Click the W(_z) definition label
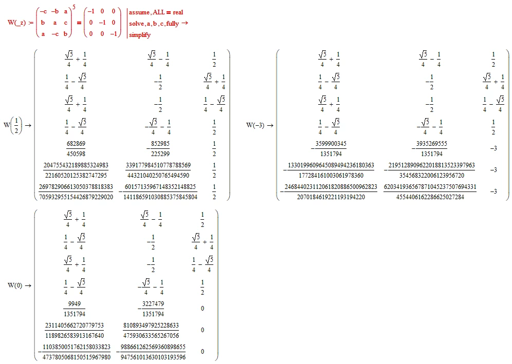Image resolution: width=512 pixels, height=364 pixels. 16,23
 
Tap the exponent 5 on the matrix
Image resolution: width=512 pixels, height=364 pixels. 74,7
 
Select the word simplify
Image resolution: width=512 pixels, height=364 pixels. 140,35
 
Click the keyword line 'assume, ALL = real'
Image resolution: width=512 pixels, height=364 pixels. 156,12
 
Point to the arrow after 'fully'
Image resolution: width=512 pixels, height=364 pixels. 185,23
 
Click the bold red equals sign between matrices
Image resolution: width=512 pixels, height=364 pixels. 79,23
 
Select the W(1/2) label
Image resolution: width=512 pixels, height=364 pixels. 13,125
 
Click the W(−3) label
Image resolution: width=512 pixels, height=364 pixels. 255,125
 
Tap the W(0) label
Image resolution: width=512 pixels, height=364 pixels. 15,285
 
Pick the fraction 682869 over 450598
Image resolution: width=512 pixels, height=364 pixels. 76,149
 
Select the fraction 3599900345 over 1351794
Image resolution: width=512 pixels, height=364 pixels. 329,149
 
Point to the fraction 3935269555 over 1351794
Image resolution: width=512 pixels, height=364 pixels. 429,149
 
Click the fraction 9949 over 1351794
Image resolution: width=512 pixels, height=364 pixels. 75,309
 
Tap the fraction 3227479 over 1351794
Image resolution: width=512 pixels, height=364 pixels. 151,309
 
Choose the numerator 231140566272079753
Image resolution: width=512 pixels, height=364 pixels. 75,325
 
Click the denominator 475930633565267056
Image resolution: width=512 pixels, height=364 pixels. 151,336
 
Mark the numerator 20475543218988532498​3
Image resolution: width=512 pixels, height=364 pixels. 76,165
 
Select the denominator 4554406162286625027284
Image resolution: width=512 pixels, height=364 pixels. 430,197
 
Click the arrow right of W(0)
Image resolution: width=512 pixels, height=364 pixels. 28,286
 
